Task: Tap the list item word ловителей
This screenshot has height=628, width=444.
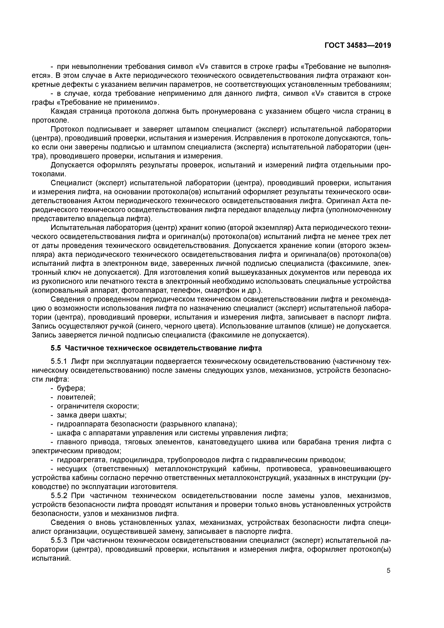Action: coord(76,397)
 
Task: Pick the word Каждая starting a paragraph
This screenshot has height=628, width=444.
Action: coord(64,111)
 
